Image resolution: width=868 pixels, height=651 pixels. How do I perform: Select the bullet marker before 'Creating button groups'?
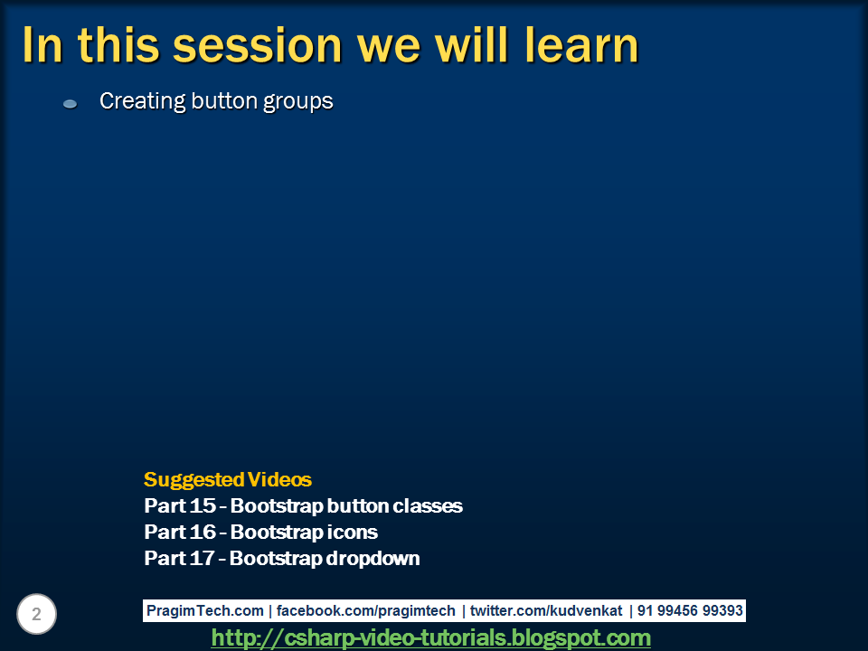pos(70,105)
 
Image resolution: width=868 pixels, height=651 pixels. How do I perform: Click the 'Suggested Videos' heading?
pos(227,480)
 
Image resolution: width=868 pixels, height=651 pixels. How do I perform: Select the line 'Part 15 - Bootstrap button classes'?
pos(303,506)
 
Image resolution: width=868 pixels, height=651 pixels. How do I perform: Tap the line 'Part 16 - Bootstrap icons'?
pos(260,533)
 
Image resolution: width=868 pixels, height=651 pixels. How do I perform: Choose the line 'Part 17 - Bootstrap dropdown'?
pos(281,559)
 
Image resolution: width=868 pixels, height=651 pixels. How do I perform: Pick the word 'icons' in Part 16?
pos(354,533)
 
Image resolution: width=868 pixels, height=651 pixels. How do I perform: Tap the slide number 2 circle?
pos(36,615)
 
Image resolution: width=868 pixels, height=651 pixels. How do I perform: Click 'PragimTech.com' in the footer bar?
pos(205,611)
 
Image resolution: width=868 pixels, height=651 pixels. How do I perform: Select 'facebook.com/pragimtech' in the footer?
pos(366,611)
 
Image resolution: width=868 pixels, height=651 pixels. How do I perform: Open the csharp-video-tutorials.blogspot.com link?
pos(431,638)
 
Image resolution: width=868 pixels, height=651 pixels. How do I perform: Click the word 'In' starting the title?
pos(42,45)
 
